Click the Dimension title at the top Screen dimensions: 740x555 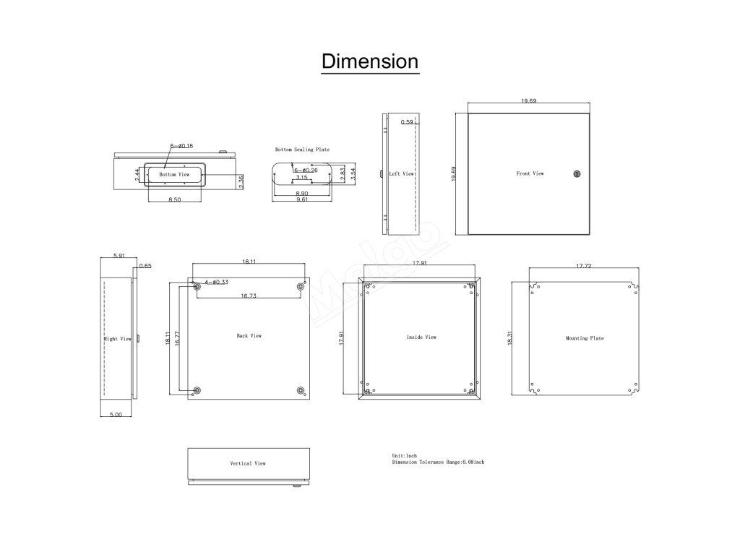pyautogui.click(x=369, y=61)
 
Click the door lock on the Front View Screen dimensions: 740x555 pyautogui.click(x=576, y=173)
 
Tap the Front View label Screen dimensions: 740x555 pyautogui.click(x=530, y=173)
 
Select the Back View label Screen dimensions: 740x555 pyautogui.click(x=249, y=336)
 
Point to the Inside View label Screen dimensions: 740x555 pyautogui.click(x=421, y=337)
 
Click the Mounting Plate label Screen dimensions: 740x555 pyautogui.click(x=585, y=338)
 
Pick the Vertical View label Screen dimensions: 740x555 pyautogui.click(x=248, y=463)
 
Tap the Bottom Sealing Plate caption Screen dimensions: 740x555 pyautogui.click(x=302, y=150)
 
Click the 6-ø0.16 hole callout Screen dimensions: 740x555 pyautogui.click(x=181, y=146)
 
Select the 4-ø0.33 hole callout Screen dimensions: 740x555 pyautogui.click(x=216, y=282)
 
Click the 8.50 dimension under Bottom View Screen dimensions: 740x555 pyautogui.click(x=174, y=199)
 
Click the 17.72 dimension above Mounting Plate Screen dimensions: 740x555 pyautogui.click(x=584, y=266)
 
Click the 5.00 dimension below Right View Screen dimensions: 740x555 pyautogui.click(x=116, y=415)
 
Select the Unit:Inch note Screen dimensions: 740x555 pyautogui.click(x=404, y=456)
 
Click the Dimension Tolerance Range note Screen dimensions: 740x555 pyautogui.click(x=438, y=462)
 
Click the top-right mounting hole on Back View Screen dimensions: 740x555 pyautogui.click(x=300, y=288)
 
